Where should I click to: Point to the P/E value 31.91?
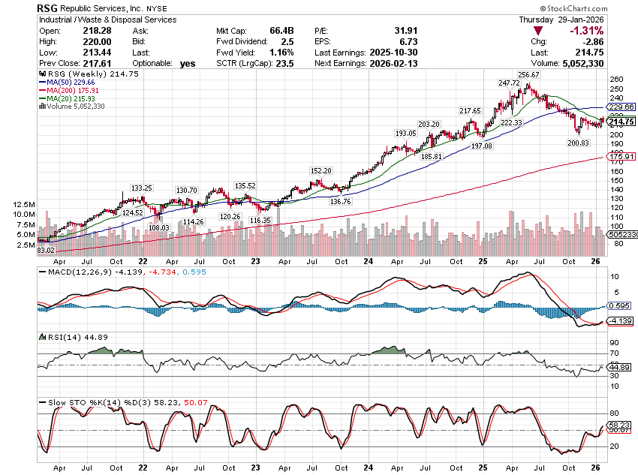coord(405,30)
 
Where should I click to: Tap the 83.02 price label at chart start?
coord(47,250)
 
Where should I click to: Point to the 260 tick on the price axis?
coord(615,79)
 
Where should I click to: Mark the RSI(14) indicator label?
coord(57,337)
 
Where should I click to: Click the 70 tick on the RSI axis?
coord(614,353)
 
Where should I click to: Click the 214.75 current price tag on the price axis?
coord(621,122)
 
